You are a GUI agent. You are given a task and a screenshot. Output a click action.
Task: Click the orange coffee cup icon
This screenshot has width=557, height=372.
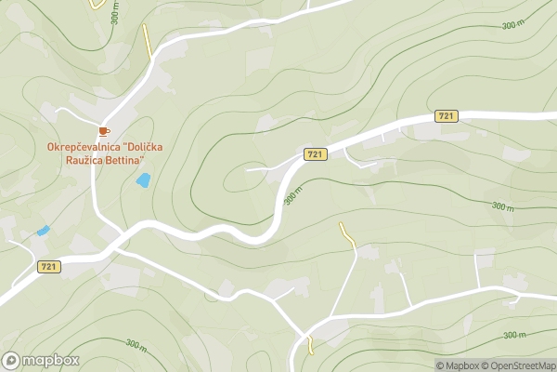pyautogui.click(x=104, y=131)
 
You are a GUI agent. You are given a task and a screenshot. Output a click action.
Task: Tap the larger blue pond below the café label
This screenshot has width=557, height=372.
pyautogui.click(x=143, y=179)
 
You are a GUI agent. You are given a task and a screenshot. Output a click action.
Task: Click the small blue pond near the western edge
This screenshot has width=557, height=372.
pyautogui.click(x=43, y=230)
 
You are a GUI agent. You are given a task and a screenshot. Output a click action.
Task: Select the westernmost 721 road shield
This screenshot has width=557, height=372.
pyautogui.click(x=49, y=267)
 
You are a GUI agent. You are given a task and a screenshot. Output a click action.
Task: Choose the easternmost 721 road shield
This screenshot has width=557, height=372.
pyautogui.click(x=447, y=115)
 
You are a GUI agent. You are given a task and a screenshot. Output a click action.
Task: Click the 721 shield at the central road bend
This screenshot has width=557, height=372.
pyautogui.click(x=315, y=153)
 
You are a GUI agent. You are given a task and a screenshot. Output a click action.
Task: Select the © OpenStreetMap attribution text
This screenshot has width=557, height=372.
pyautogui.click(x=522, y=365)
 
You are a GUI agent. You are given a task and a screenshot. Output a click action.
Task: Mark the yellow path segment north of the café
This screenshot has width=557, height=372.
pyautogui.click(x=148, y=42)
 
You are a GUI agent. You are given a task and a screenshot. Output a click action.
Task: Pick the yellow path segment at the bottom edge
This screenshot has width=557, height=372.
pyautogui.click(x=310, y=346)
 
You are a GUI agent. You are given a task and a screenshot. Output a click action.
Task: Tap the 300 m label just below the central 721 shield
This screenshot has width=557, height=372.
pyautogui.click(x=293, y=196)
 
